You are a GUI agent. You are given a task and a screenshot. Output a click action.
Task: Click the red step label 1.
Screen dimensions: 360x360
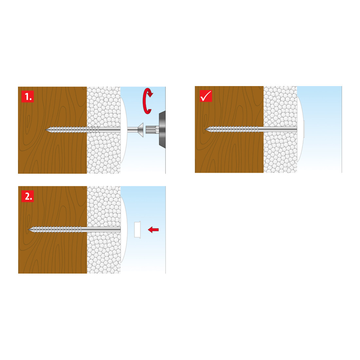(x=27, y=97)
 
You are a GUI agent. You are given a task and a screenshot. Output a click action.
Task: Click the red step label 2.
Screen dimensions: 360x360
(x=27, y=196)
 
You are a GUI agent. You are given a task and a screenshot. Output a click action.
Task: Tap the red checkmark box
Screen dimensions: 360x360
(x=206, y=96)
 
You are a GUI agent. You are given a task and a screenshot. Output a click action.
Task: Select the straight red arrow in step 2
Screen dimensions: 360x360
(x=153, y=229)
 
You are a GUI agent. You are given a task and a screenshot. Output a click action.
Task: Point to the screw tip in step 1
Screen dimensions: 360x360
(x=46, y=130)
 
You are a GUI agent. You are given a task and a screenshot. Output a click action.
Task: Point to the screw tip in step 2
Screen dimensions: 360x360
(x=28, y=229)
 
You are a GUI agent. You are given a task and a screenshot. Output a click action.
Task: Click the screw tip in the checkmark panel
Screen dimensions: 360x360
(x=205, y=130)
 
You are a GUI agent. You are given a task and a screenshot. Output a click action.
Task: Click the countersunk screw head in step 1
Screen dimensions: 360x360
(x=140, y=130)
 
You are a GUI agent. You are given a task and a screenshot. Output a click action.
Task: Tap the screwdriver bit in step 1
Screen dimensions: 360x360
(x=152, y=130)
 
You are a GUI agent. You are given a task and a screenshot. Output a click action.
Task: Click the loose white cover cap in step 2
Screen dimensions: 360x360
(x=137, y=230)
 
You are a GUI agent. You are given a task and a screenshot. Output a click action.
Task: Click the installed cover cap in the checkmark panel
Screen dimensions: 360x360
(x=303, y=129)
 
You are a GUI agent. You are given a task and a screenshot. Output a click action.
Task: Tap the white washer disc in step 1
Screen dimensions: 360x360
(x=124, y=130)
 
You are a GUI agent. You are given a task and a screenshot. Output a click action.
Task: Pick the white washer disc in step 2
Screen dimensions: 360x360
(x=124, y=230)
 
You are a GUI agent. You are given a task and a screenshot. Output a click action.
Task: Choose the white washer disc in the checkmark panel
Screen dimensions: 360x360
(x=300, y=129)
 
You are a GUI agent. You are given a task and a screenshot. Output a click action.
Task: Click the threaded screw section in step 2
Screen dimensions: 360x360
(x=55, y=229)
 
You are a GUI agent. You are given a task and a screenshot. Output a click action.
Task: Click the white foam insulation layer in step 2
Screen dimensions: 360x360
(x=104, y=230)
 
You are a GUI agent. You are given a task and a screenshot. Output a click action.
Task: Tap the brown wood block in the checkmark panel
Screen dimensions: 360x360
(x=229, y=129)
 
